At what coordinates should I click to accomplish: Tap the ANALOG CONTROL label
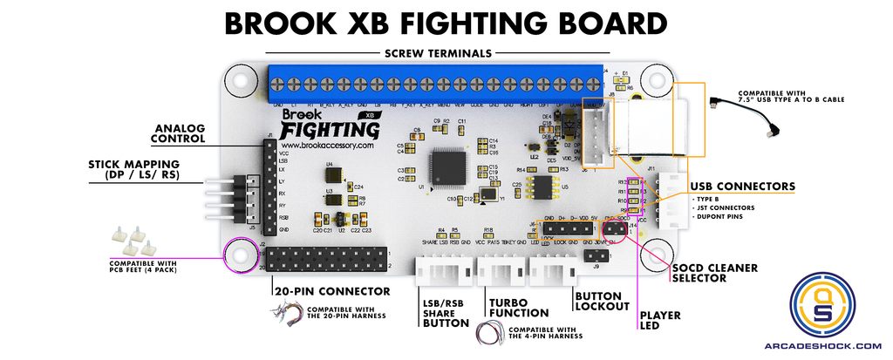coord(178,132)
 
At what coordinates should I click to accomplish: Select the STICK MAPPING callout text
coord(133,168)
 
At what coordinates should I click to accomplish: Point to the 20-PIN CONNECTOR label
coord(331,291)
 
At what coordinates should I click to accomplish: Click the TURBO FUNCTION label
coord(519,307)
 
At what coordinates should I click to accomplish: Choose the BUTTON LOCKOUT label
coord(601,301)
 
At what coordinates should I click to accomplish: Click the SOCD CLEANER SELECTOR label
coord(714,273)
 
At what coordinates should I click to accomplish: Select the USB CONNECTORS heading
coord(742,186)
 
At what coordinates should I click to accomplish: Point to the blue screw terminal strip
coord(436,83)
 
